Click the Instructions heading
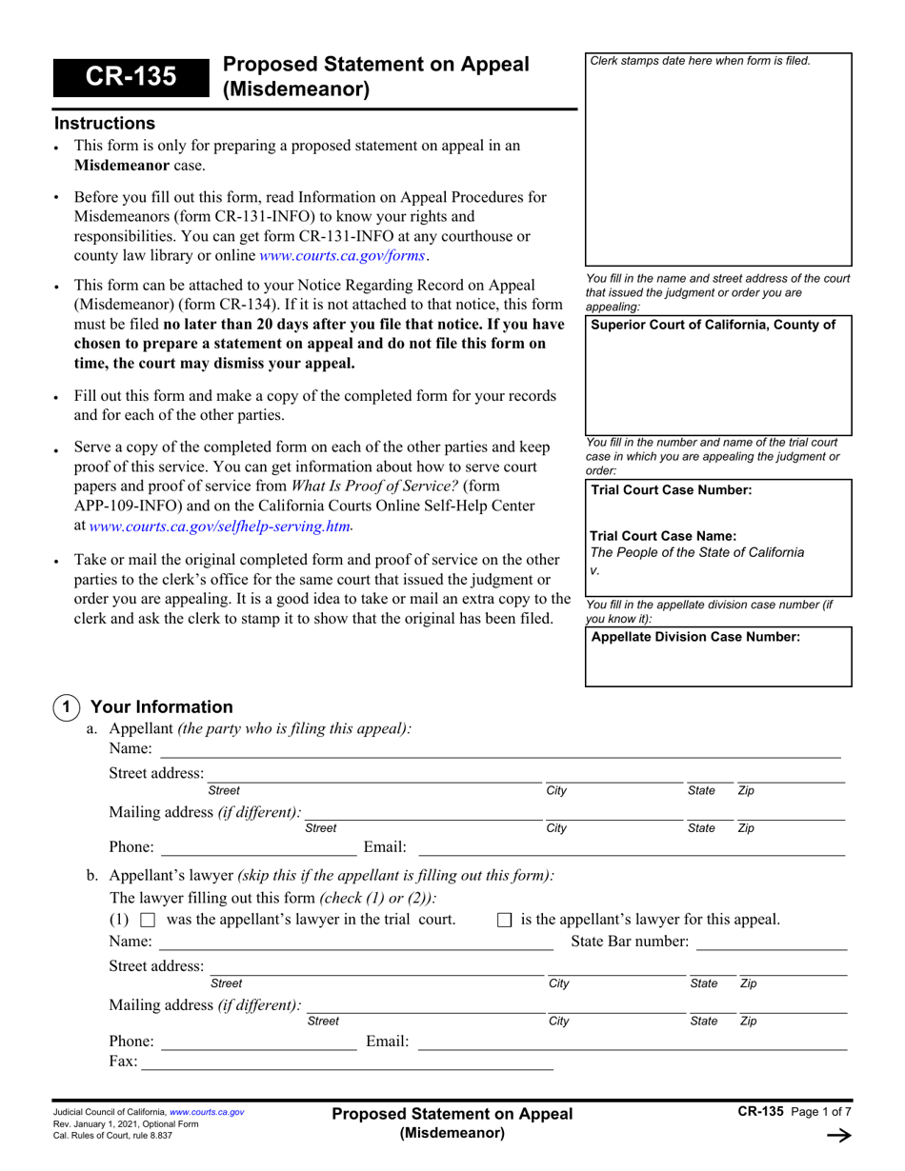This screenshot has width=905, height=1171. pyautogui.click(x=104, y=124)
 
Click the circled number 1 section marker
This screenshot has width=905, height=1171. pyautogui.click(x=65, y=707)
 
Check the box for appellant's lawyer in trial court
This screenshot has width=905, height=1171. pyautogui.click(x=148, y=921)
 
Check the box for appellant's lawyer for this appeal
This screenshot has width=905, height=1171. pyautogui.click(x=505, y=921)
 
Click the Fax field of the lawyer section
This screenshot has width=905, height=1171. pyautogui.click(x=347, y=1062)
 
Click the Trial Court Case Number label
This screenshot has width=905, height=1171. pyautogui.click(x=671, y=490)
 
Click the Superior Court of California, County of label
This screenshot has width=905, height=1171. pyautogui.click(x=714, y=326)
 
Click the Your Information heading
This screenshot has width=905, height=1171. pyautogui.click(x=160, y=707)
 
